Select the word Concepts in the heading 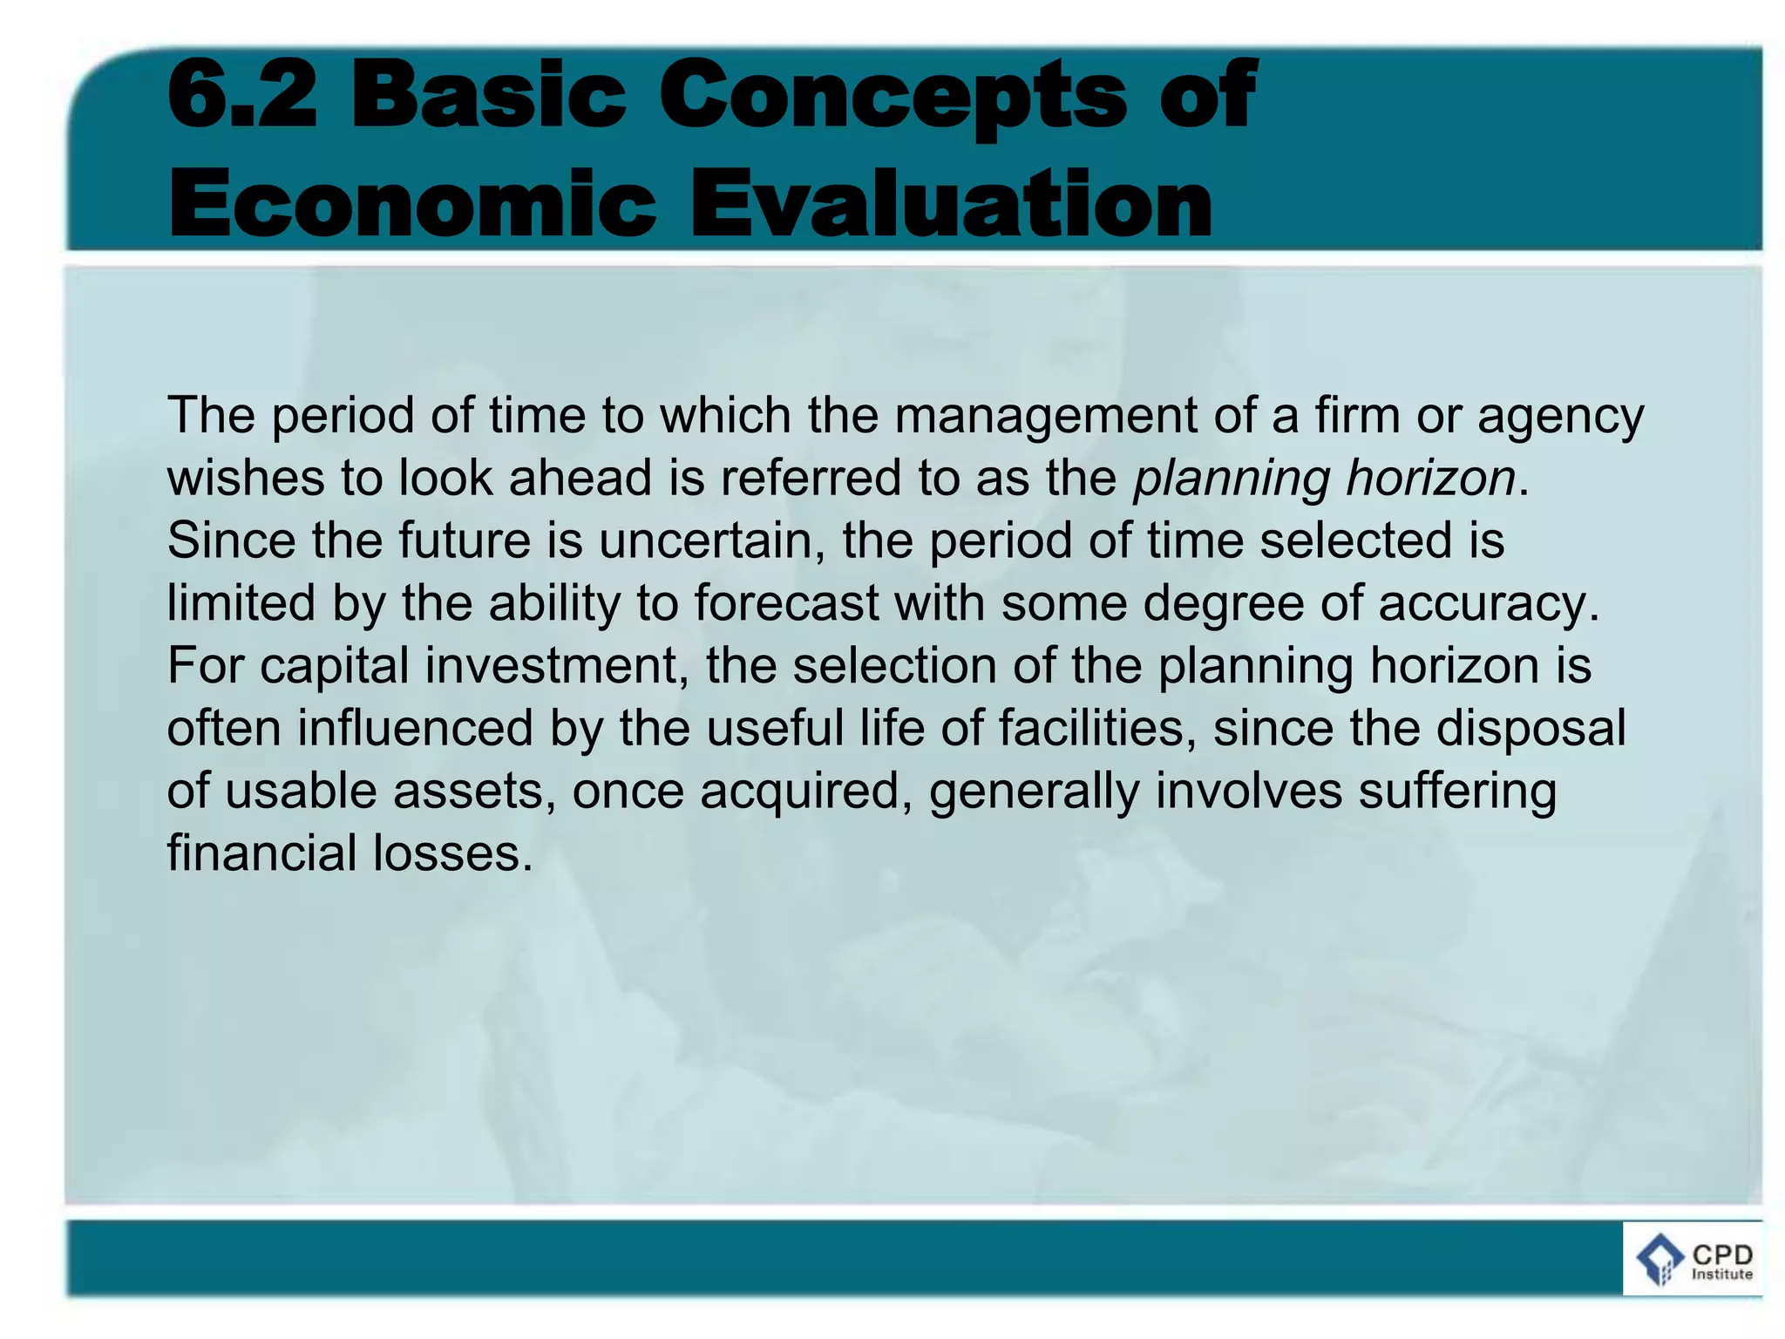(x=893, y=96)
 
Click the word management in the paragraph (x=1045, y=417)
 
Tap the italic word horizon (x=1430, y=479)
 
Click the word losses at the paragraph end (x=452, y=853)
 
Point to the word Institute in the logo (x=1721, y=1274)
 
